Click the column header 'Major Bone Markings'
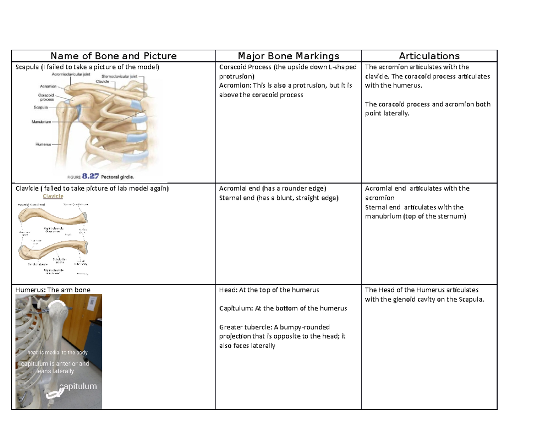click(x=288, y=56)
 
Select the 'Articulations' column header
click(x=429, y=56)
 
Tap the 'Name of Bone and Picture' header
click(x=113, y=56)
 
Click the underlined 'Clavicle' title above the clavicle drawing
click(x=53, y=196)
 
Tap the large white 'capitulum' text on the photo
click(x=78, y=386)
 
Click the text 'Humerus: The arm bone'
click(x=53, y=290)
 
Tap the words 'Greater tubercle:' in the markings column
click(x=239, y=327)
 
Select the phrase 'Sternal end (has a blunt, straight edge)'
click(x=279, y=198)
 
